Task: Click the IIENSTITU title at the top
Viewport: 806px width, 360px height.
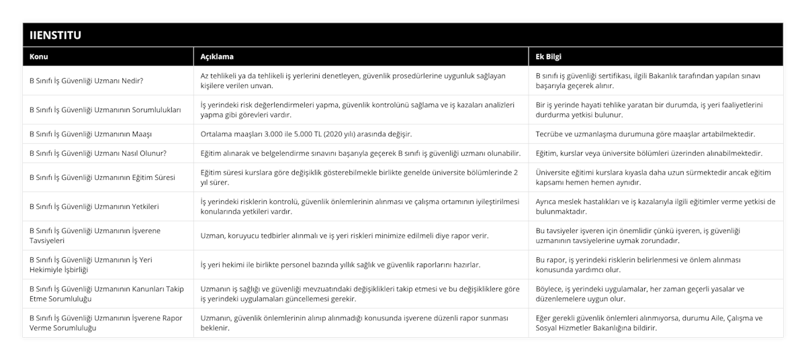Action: [53, 35]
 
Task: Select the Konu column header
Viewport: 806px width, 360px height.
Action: [39, 56]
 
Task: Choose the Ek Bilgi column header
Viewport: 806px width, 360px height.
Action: [549, 56]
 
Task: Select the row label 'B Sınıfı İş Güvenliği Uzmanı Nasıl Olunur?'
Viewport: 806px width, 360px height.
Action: [98, 153]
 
